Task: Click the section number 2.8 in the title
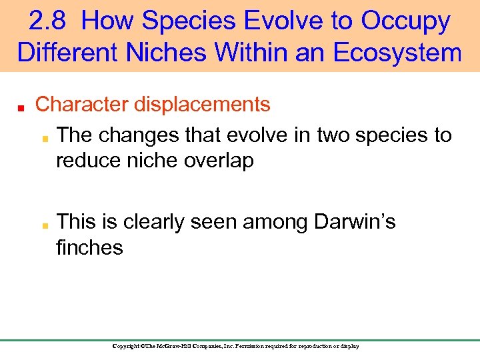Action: point(49,22)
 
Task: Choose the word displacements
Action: point(202,105)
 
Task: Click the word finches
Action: point(89,248)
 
